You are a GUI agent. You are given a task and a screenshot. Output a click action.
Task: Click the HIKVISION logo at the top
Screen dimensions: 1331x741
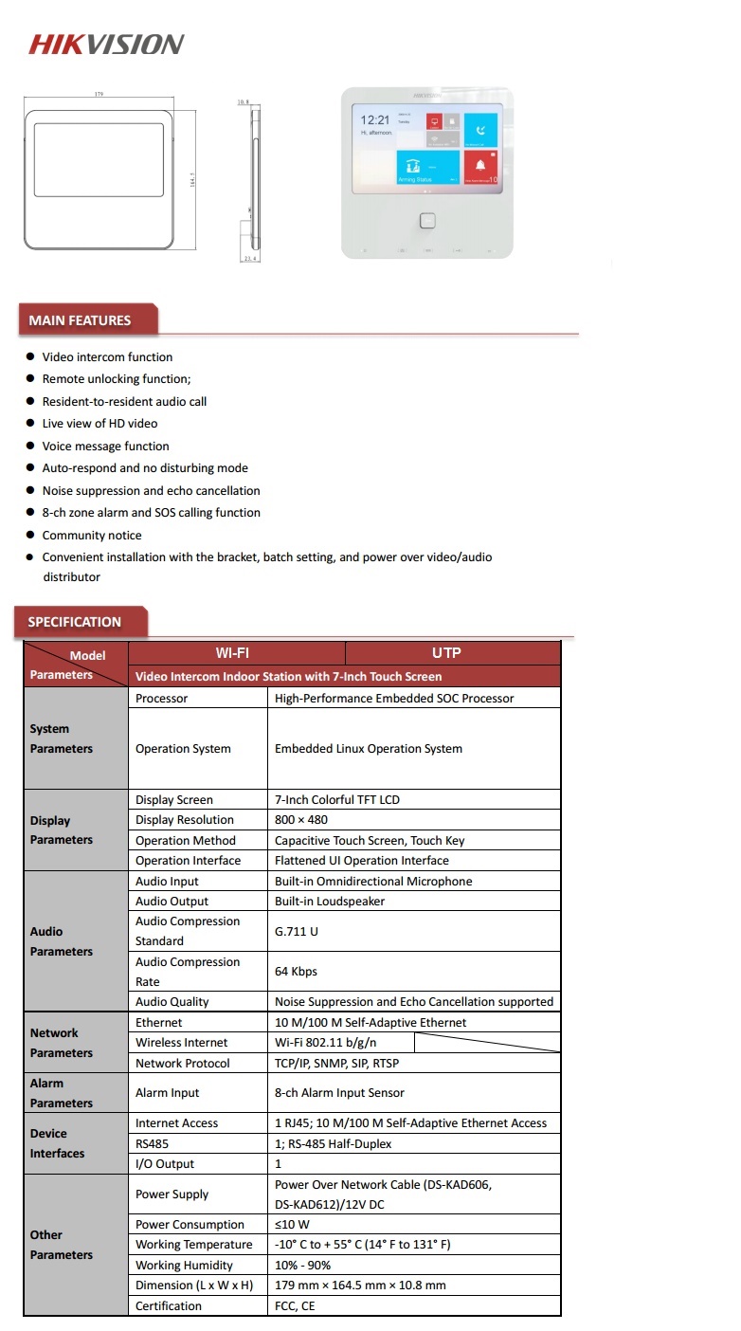pos(106,44)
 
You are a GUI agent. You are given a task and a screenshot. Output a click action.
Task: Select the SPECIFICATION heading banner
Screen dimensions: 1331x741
pos(75,622)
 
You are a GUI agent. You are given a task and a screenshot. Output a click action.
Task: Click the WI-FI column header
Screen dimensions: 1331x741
pos(232,653)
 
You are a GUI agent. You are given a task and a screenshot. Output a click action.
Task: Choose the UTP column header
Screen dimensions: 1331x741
pos(446,653)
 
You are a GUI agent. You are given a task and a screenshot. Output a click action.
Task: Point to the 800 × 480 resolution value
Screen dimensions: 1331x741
pos(301,820)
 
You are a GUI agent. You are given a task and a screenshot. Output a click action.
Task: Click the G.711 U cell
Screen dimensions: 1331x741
pos(297,931)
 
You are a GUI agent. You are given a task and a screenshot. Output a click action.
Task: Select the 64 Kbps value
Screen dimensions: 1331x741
pos(296,972)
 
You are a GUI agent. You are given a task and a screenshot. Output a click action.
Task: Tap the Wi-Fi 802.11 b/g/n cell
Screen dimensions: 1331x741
pos(332,1043)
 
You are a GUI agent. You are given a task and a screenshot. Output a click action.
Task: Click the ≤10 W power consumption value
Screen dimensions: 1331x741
pos(292,1224)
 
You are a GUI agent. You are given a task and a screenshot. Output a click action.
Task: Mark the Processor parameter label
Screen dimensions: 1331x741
pos(162,699)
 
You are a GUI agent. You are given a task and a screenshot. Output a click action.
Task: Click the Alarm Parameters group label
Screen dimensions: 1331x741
pos(61,1093)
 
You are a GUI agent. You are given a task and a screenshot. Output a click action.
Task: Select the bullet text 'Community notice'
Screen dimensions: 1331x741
pos(92,536)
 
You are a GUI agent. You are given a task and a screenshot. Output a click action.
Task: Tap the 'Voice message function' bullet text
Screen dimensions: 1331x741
pos(106,447)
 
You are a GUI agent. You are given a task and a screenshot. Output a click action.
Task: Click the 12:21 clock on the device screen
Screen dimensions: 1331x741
pos(375,120)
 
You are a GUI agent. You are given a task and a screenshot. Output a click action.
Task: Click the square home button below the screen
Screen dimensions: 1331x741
pos(427,221)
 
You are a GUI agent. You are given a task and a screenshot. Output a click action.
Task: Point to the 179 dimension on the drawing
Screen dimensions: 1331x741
pos(99,95)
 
